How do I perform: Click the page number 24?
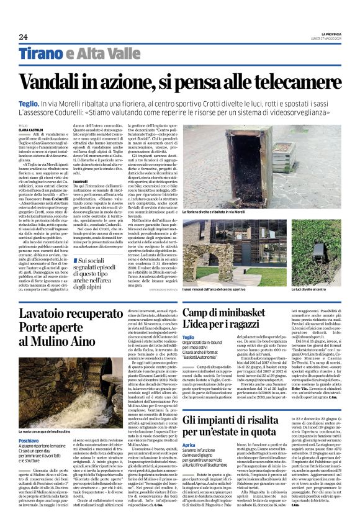pos(23,37)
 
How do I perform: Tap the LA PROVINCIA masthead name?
pos(326,34)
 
